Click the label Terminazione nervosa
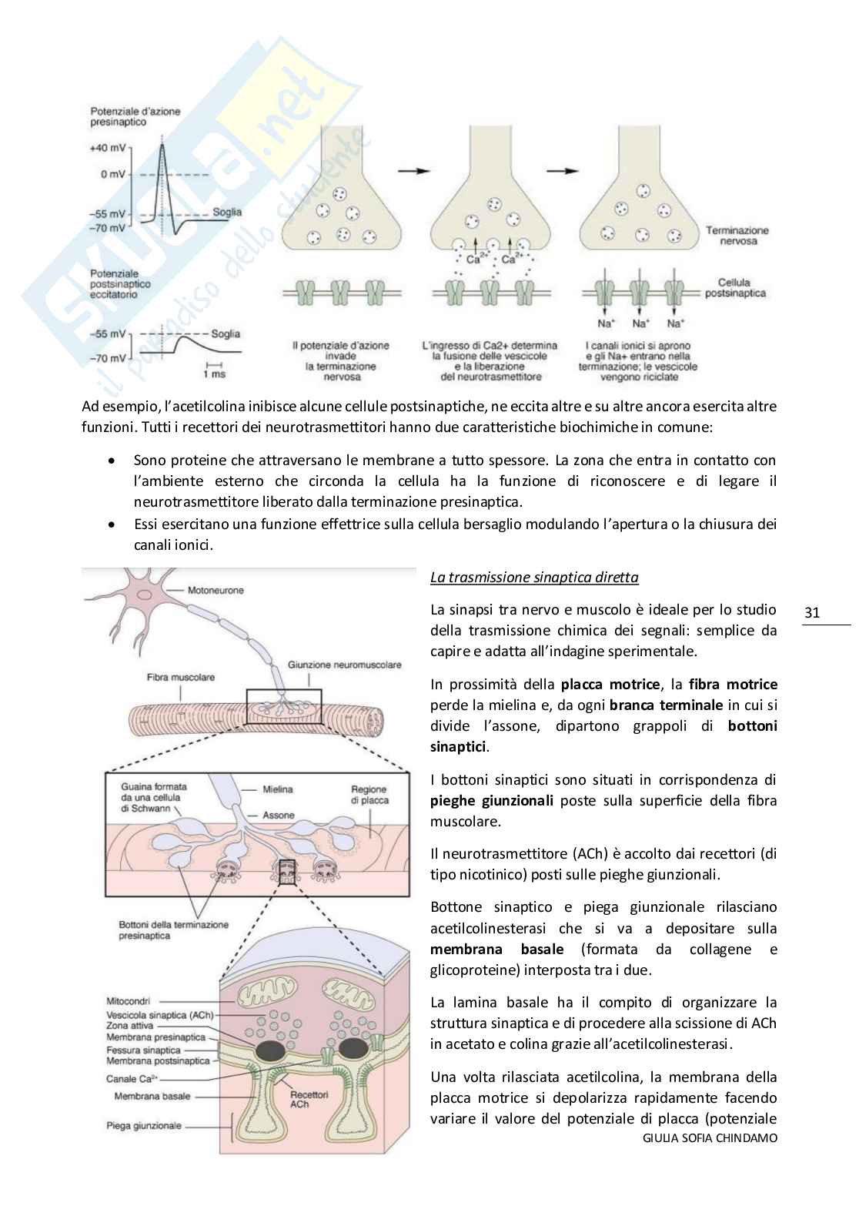(737, 236)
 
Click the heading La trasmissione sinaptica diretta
(533, 577)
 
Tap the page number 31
(812, 613)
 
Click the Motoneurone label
(216, 590)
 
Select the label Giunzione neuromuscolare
(345, 664)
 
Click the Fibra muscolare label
(181, 677)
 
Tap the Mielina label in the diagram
(278, 789)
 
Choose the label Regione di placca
(369, 795)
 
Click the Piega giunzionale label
(144, 1125)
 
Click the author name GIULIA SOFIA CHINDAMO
(709, 1159)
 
